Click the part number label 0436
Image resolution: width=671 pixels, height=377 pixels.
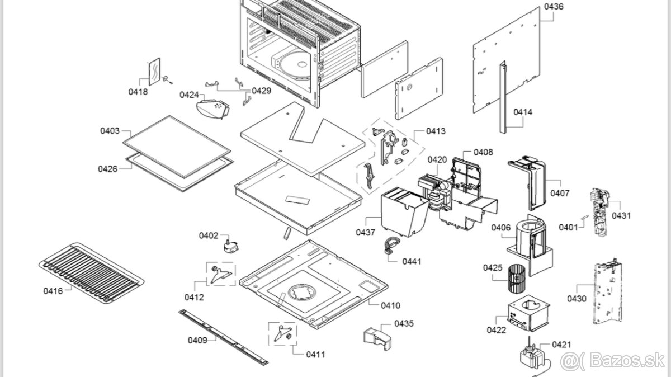(x=554, y=7)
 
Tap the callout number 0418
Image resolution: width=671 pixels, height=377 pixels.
(x=138, y=92)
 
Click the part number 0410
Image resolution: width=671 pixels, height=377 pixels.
(x=391, y=305)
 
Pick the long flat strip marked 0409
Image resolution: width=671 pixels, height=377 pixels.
(x=224, y=337)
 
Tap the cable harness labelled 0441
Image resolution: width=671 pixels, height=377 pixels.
(x=391, y=246)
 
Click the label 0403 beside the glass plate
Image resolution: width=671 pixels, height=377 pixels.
(x=110, y=131)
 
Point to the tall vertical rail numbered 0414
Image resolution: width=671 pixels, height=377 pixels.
(x=502, y=97)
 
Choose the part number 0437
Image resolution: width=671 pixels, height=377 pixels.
(x=366, y=232)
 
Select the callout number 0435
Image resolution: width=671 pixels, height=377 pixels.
(x=404, y=323)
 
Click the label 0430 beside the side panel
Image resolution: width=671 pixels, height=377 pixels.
(x=577, y=299)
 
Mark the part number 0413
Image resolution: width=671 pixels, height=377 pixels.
(x=436, y=131)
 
